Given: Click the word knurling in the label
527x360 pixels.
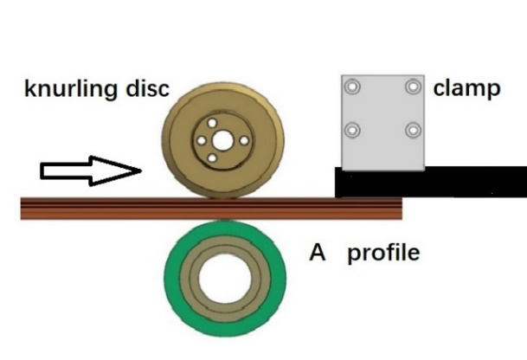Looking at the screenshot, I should point(67,90).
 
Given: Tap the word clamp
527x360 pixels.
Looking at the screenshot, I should point(466,88).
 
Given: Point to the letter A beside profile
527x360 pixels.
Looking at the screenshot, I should point(318,253).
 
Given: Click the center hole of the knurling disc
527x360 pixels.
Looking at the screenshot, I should point(222,140).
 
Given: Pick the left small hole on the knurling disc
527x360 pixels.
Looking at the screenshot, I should point(202,140).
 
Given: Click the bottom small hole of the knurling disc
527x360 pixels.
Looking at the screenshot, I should point(222,160).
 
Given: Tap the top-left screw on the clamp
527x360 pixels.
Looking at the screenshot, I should point(352,87).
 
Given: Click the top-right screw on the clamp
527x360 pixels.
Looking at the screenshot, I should point(412,87).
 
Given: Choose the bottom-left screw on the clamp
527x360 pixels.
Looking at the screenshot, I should point(352,131).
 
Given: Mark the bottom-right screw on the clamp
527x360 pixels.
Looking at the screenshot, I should point(412,131).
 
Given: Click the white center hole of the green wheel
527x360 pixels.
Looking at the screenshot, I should point(222,280).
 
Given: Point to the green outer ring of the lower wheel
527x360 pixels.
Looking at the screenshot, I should point(177,280).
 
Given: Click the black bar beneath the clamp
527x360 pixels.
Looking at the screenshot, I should point(433,182).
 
